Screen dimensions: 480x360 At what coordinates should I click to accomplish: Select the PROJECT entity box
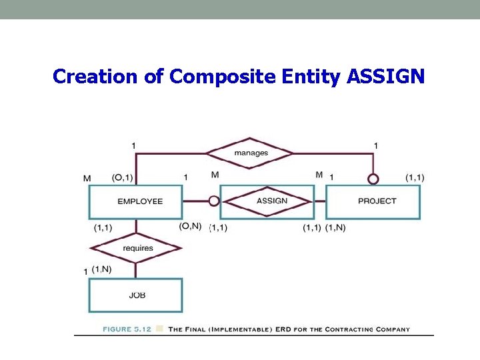pos(373,201)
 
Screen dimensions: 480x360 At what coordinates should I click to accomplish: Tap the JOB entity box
pos(136,295)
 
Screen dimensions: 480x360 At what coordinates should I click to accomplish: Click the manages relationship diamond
pos(250,153)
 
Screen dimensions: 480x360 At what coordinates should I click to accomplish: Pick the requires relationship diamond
pos(136,248)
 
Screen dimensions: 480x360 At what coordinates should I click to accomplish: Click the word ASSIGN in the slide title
pos(385,77)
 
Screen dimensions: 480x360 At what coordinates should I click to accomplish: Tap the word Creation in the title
pos(95,77)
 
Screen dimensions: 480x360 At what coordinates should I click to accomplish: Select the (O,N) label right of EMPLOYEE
pos(191,226)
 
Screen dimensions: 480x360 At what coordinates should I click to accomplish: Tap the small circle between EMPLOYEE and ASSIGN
pos(213,201)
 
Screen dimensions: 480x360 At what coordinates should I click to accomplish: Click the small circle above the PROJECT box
pos(373,179)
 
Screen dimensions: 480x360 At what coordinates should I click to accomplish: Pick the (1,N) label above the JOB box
pos(102,269)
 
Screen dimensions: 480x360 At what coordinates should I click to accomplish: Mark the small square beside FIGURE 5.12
pos(160,329)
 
